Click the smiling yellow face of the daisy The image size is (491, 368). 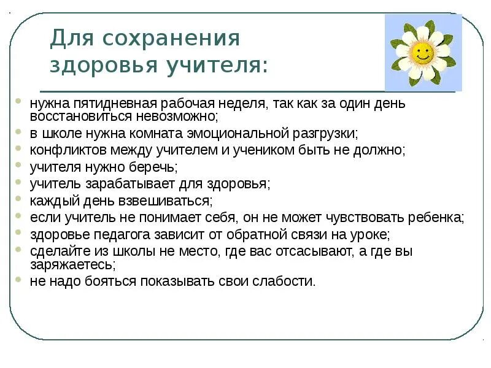[x=422, y=52]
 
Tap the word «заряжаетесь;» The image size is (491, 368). [x=72, y=264]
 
